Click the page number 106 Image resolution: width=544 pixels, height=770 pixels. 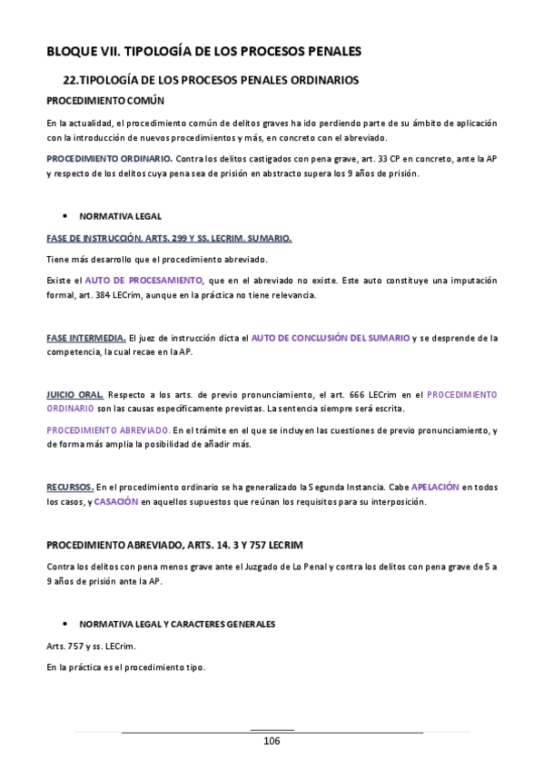(x=272, y=741)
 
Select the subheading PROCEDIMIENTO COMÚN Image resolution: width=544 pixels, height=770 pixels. (x=105, y=100)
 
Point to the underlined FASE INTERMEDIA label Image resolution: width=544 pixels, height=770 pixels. (x=86, y=338)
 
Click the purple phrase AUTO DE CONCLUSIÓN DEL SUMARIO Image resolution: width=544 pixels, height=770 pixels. (x=330, y=338)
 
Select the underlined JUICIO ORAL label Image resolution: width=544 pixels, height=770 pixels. (x=74, y=395)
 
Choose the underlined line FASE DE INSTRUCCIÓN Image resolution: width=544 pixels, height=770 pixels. (x=169, y=239)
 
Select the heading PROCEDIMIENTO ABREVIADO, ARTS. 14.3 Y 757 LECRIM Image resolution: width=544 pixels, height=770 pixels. (x=174, y=544)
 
